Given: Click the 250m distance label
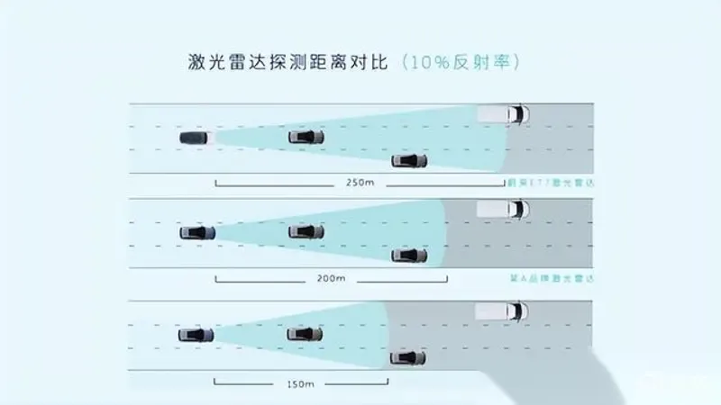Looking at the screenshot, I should pos(359,183).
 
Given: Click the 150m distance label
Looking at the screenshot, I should pos(301,384).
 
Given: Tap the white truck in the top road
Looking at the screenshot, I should pos(505,115).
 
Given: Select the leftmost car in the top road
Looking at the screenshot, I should pos(195,138).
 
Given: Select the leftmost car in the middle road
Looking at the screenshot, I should pos(197,232).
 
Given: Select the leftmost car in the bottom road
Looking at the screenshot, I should pos(196,335).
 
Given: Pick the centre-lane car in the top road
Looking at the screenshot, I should pos(306,137).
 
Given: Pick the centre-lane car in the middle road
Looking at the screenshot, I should pos(306,232).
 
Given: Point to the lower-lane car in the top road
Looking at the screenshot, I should pos(410,161).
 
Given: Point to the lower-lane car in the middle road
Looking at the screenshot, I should pos(410,256).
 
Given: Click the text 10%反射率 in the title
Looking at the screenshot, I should pos(460,63).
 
